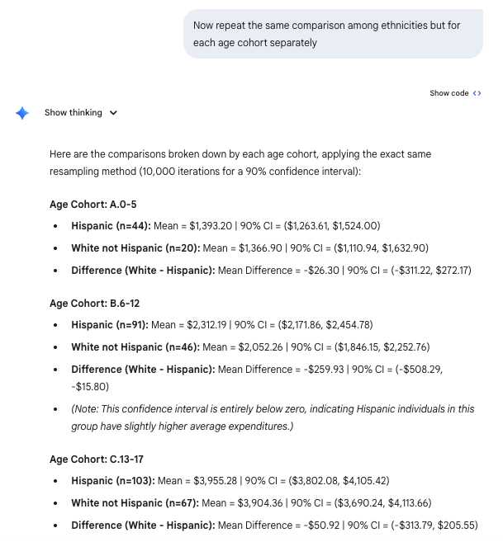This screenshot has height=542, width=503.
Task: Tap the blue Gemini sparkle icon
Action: (x=22, y=113)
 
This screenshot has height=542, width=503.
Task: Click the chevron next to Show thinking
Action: (x=113, y=113)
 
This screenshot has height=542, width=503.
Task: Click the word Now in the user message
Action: (x=204, y=26)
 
